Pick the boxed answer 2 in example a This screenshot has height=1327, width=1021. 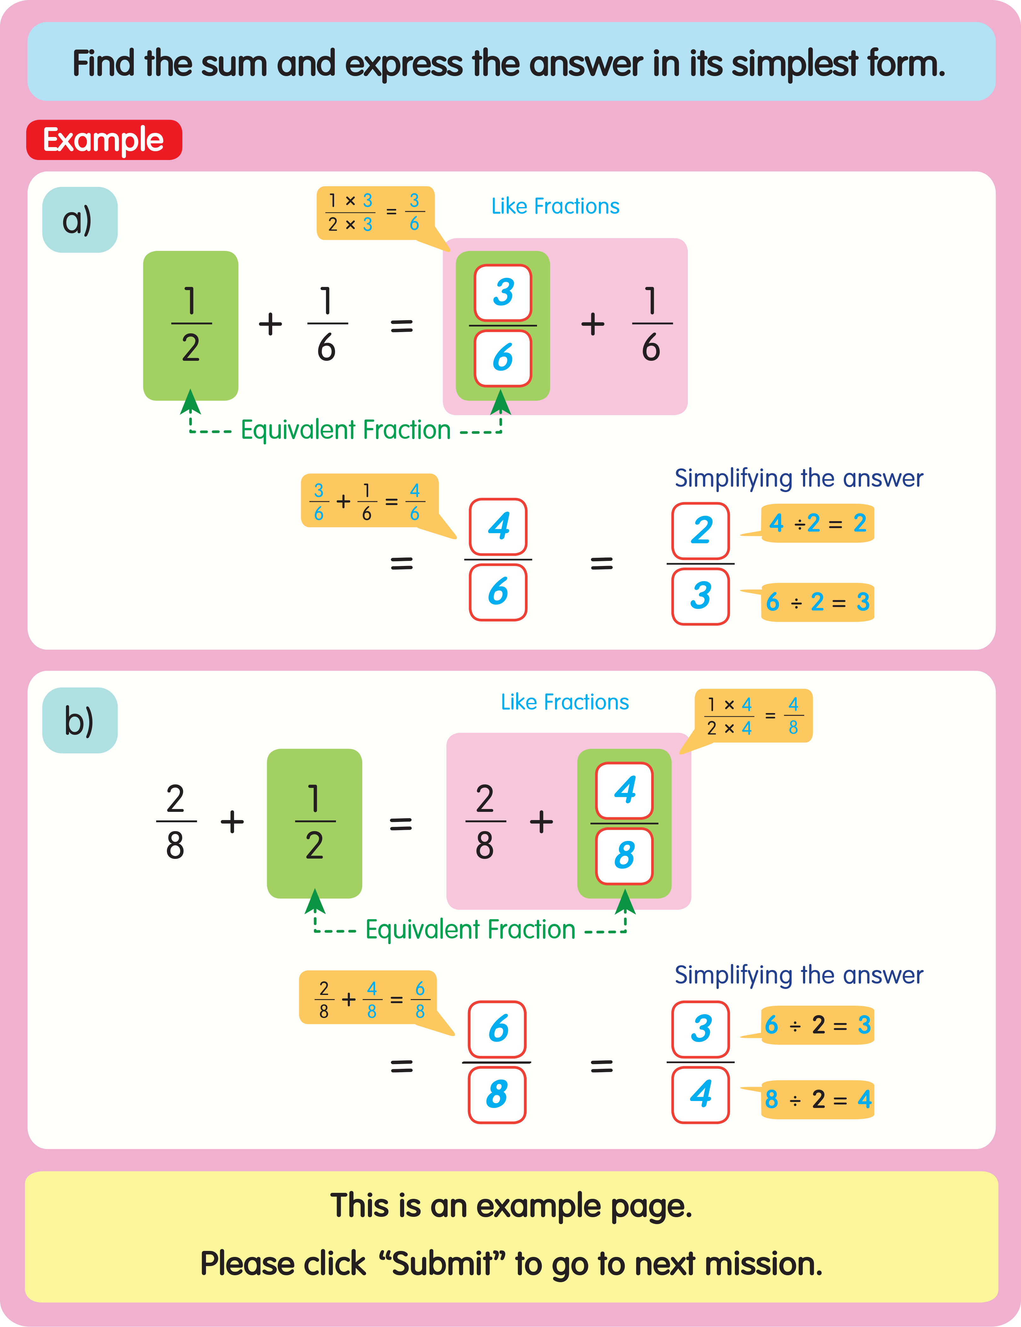click(x=700, y=530)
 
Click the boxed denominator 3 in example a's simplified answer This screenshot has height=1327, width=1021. click(x=700, y=596)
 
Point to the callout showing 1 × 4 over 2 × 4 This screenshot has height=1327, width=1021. click(x=753, y=716)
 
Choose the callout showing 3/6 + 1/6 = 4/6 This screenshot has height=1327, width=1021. click(x=369, y=501)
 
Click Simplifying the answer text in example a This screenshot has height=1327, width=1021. click(x=799, y=478)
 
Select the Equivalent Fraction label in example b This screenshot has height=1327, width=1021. click(x=470, y=930)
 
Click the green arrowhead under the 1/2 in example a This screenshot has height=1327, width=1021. click(x=191, y=402)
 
